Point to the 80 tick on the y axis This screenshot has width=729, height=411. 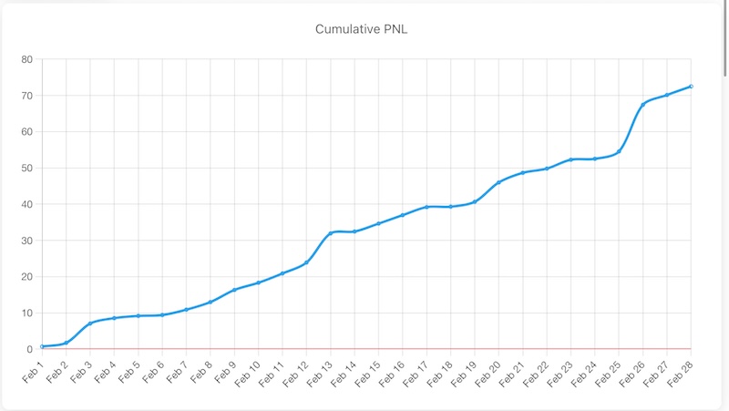(x=26, y=60)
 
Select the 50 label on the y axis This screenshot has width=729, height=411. (x=26, y=169)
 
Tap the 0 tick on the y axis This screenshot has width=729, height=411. (x=29, y=349)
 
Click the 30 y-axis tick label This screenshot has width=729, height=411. (x=26, y=241)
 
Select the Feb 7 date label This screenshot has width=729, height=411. (x=175, y=373)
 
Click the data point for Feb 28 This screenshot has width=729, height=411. (x=691, y=87)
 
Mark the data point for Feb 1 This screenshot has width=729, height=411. (x=42, y=346)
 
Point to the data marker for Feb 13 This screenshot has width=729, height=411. (x=330, y=233)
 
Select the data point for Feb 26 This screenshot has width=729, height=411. (x=642, y=105)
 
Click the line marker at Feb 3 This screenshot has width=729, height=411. (x=90, y=324)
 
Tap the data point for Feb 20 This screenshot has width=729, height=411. (x=498, y=182)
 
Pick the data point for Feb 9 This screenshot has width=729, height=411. (x=234, y=290)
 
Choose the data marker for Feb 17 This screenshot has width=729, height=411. (x=426, y=207)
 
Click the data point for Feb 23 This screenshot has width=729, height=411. (x=570, y=159)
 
